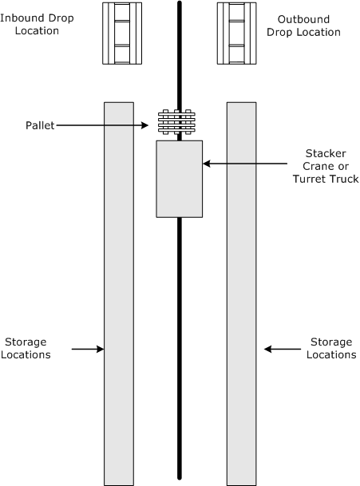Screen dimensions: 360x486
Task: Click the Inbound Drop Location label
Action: pyautogui.click(x=37, y=24)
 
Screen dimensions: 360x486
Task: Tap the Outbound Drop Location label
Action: pyautogui.click(x=303, y=26)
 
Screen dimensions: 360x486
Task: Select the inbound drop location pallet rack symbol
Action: pyautogui.click(x=122, y=34)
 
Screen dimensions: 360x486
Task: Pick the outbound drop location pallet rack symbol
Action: pyautogui.click(x=236, y=34)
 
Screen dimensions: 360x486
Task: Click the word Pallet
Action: pyautogui.click(x=40, y=125)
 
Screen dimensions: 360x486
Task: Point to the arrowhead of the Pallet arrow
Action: pyautogui.click(x=148, y=125)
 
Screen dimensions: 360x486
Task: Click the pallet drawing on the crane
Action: pyautogui.click(x=176, y=122)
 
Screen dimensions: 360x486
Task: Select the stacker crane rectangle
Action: pyautogui.click(x=180, y=179)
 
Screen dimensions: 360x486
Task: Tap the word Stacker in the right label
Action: pyautogui.click(x=326, y=153)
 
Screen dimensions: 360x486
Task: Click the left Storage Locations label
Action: pyautogui.click(x=26, y=348)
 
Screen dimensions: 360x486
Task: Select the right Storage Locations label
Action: pyautogui.click(x=331, y=348)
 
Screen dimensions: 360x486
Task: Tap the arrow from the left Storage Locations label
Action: pyautogui.click(x=88, y=349)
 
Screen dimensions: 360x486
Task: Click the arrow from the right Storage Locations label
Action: pyautogui.click(x=283, y=349)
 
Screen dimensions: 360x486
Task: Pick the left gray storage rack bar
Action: pyautogui.click(x=119, y=294)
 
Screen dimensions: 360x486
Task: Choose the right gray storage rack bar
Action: pyautogui.click(x=242, y=294)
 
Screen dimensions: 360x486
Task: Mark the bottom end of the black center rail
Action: pyautogui.click(x=180, y=479)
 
